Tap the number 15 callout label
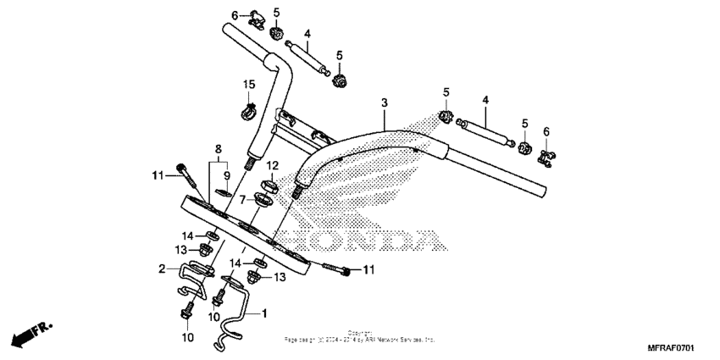tap(249, 84)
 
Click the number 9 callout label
tap(226, 175)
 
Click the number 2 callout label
tap(161, 269)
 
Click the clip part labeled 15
tap(250, 109)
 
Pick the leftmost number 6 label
tap(235, 15)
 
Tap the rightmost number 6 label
tap(546, 131)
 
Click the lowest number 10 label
tap(187, 337)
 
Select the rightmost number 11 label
tap(368, 270)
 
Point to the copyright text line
tap(360, 336)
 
